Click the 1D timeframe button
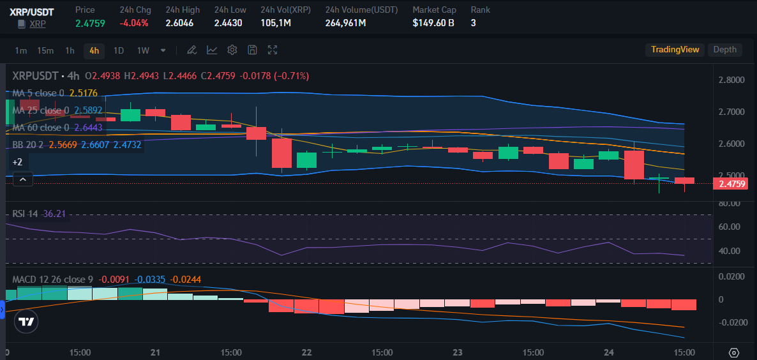coord(119,50)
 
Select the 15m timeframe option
coord(45,50)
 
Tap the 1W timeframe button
coord(143,50)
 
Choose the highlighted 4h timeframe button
coord(94,50)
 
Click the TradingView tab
coord(675,50)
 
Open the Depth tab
coord(724,50)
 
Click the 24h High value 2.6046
coord(179,23)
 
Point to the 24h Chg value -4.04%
coord(134,23)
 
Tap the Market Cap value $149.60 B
coord(433,23)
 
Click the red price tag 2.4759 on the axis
coord(731,184)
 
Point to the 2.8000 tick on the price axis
coord(731,80)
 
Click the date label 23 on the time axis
coord(457,352)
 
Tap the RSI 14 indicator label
coord(26,213)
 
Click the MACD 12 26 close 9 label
coord(52,279)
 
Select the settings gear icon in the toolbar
coord(232,50)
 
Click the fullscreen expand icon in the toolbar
coord(273,50)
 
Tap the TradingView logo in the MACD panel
coord(26,322)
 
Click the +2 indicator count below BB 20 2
coord(17,161)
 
